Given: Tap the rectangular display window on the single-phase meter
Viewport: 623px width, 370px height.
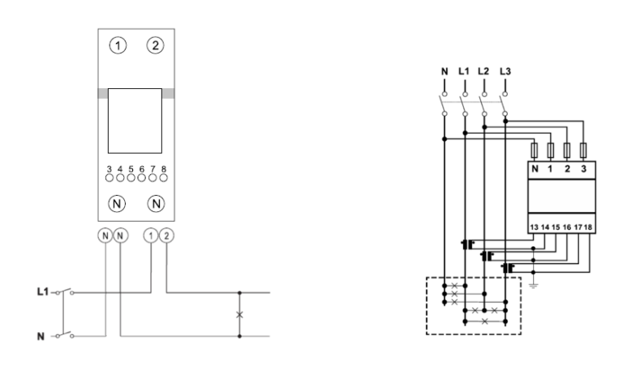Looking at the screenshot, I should click(x=135, y=120).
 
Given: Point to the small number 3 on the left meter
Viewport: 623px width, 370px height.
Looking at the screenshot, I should click(x=109, y=170).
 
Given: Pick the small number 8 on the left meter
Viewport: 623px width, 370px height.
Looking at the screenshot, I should click(x=164, y=170).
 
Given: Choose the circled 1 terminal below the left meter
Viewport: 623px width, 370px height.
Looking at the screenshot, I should click(x=150, y=236).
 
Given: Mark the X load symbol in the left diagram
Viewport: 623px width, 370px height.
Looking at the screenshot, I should click(x=238, y=313).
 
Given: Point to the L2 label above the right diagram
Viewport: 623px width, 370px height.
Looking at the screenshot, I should click(x=484, y=71).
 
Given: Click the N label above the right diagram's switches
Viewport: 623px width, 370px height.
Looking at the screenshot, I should click(x=444, y=71).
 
